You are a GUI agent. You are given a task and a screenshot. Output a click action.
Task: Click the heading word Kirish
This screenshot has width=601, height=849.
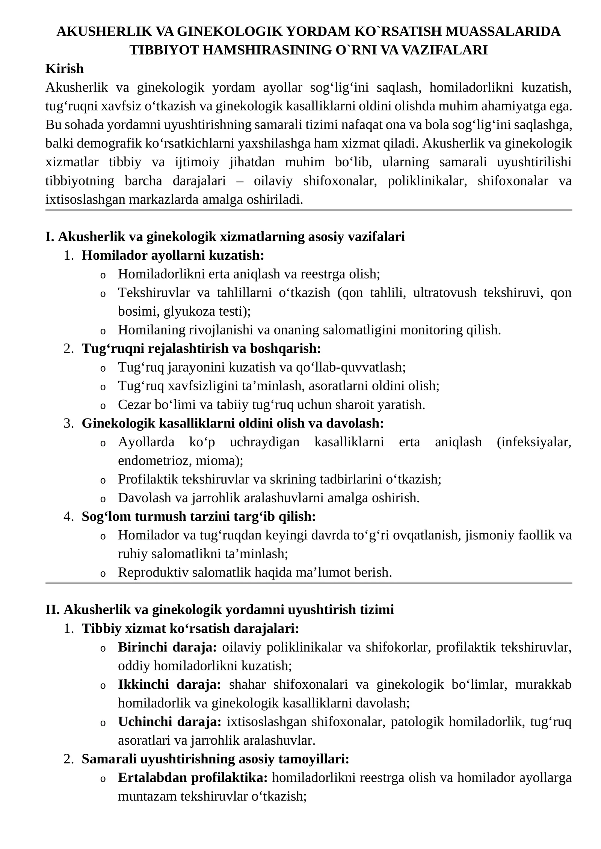(x=64, y=69)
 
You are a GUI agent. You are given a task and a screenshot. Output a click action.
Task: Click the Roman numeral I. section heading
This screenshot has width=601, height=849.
(x=225, y=236)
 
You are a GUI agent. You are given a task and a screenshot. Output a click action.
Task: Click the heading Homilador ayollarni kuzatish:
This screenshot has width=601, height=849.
(x=173, y=255)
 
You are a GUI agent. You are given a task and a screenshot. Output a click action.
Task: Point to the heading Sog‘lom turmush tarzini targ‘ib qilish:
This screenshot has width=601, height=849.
(x=198, y=516)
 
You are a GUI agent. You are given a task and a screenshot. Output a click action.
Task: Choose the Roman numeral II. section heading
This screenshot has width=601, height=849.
(x=219, y=610)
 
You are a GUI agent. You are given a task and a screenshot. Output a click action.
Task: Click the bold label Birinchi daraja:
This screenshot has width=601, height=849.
(x=167, y=647)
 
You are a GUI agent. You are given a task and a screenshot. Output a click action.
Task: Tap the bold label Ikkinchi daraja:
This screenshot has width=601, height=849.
(x=169, y=684)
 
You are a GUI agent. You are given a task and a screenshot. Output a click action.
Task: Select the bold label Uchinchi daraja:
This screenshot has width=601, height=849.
(x=169, y=721)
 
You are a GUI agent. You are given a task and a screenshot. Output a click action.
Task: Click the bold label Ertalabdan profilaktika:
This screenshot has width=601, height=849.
(x=192, y=778)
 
